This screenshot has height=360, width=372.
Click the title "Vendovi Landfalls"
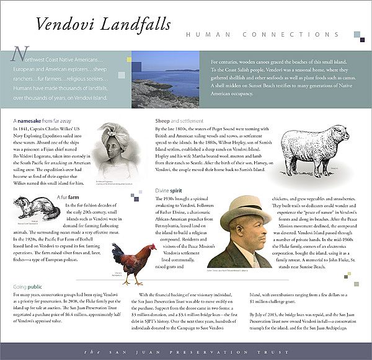coord(103,25)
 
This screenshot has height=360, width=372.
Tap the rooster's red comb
coord(151,247)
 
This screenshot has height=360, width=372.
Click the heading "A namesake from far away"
coord(42,120)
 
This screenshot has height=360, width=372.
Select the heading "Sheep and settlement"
coord(179,120)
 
